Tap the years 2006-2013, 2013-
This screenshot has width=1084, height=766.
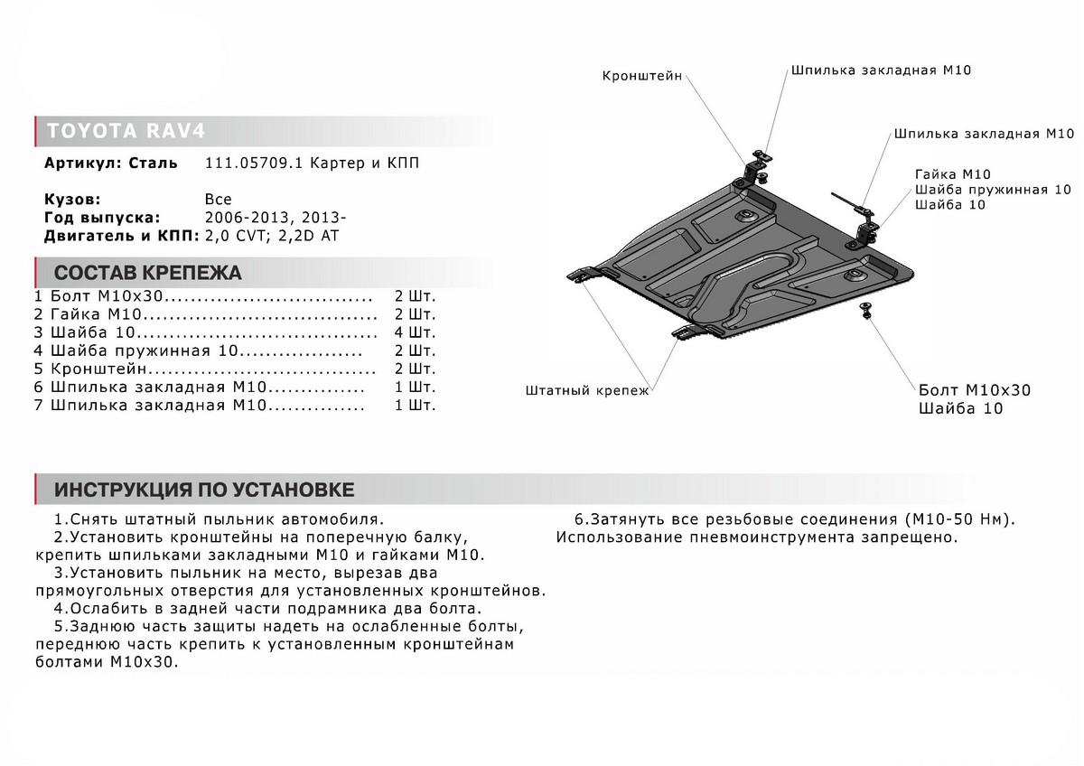click(275, 218)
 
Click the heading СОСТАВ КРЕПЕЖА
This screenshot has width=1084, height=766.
click(148, 273)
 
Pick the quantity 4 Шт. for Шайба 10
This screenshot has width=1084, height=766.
click(415, 332)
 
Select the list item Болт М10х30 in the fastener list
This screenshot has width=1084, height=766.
click(109, 296)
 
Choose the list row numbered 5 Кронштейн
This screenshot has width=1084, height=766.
click(99, 369)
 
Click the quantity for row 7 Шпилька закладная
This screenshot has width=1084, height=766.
click(415, 406)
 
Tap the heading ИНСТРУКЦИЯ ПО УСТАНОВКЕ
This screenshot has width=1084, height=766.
click(203, 490)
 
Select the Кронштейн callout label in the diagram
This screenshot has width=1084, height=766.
click(642, 77)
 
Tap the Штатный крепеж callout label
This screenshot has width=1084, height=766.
click(586, 391)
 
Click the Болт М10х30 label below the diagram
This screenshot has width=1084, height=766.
click(973, 390)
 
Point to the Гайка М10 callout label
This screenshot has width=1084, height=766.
click(952, 173)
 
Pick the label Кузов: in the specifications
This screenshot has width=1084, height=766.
click(71, 200)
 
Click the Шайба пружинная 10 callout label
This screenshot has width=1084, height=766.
click(992, 190)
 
